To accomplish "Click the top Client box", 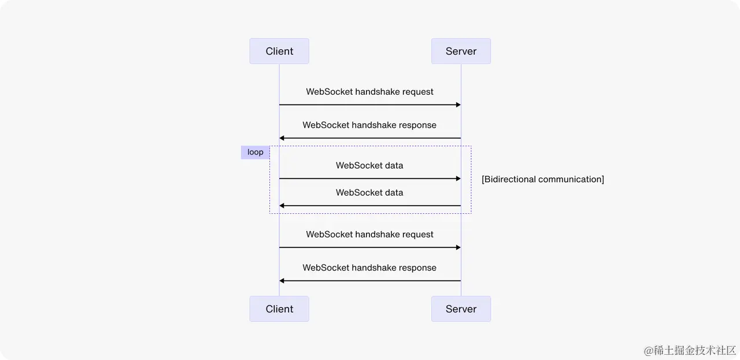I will point(279,51).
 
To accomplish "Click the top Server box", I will point(461,51).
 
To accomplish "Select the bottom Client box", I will point(279,309).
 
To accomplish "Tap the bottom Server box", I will point(461,309).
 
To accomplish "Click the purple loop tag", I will point(255,153).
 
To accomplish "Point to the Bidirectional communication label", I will point(543,180).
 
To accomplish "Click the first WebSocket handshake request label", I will point(369,92).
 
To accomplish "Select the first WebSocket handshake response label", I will point(369,125).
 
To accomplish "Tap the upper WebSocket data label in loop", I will point(369,166).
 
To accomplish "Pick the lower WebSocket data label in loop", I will point(369,193).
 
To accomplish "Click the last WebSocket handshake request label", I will point(369,235).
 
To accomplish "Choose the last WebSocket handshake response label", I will point(369,268).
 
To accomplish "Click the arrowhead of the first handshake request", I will point(458,105).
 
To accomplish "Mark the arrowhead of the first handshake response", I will point(282,138).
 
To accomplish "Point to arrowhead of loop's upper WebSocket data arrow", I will point(458,179).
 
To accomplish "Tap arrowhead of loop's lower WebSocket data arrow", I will point(282,206).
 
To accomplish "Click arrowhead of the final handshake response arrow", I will point(282,281).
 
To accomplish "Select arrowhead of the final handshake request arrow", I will point(458,247).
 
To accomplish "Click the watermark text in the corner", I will point(690,351).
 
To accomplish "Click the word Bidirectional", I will point(509,180).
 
